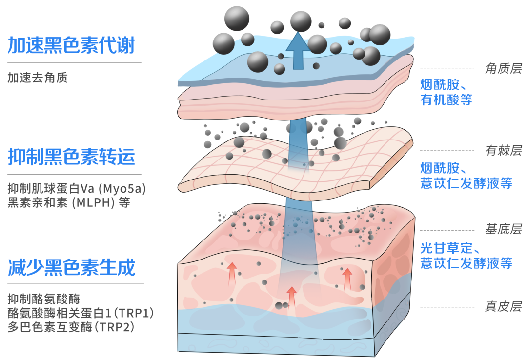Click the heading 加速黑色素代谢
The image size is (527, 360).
[x=71, y=45]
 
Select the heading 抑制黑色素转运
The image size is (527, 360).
[x=71, y=157]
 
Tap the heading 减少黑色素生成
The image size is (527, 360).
[x=71, y=267]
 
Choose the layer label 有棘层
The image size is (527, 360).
[x=503, y=150]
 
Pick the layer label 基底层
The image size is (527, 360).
[x=503, y=229]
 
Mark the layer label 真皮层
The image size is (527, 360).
[x=503, y=307]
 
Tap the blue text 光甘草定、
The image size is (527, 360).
[x=452, y=247]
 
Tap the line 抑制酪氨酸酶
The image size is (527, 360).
[x=43, y=298]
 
